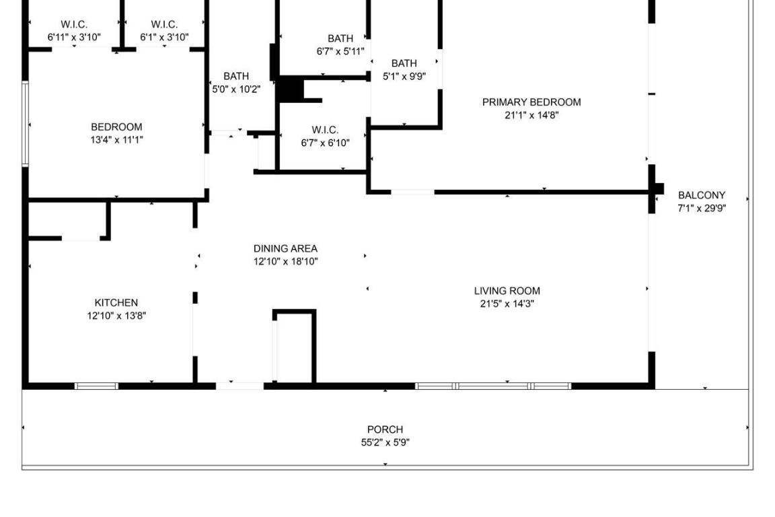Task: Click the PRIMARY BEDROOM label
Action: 531,102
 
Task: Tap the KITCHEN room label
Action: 116,303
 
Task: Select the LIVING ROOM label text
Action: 507,291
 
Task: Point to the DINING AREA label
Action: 285,248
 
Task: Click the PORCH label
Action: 385,429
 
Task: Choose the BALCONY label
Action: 702,195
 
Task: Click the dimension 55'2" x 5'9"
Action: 385,442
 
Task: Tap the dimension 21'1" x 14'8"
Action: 531,115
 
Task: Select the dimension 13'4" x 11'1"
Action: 116,140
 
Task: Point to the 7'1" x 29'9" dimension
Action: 702,208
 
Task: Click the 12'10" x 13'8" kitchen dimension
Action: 116,316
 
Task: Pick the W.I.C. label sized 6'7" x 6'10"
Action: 325,130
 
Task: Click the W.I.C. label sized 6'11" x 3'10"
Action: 74,25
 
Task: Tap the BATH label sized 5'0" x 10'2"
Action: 236,76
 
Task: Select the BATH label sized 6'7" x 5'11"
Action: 340,38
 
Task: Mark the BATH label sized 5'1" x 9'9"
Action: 404,63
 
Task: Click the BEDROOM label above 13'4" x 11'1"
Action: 116,127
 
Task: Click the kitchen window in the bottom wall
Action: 96,386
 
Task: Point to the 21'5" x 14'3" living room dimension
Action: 507,304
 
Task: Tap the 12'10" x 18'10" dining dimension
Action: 285,261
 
